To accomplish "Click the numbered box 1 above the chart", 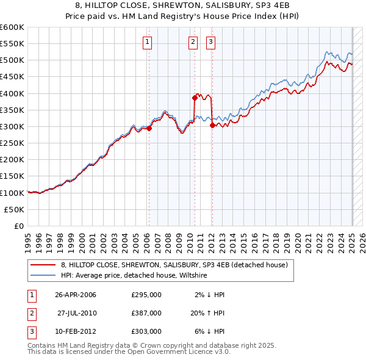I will [148, 42].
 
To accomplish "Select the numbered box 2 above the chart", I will [193, 42].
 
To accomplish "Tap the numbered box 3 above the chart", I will [210, 42].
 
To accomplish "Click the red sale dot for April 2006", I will [149, 128].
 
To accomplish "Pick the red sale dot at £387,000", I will [195, 98].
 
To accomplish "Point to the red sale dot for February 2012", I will [212, 126].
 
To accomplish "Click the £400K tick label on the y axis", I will [12, 93].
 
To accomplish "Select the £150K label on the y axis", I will [12, 176].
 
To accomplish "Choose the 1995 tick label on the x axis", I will [28, 241].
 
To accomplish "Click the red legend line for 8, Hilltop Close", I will [43, 265].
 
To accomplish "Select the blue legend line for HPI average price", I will [43, 276].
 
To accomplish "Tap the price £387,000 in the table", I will [146, 313].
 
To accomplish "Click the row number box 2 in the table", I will [31, 313].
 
